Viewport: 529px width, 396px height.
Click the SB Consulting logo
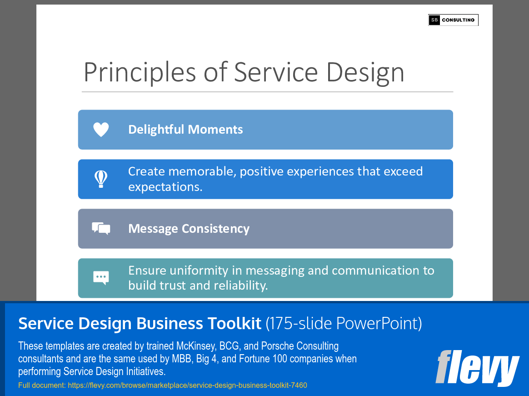coord(453,20)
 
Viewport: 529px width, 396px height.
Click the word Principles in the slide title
coord(140,72)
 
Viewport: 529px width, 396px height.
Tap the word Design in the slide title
coord(364,72)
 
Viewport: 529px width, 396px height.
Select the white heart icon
coord(101,130)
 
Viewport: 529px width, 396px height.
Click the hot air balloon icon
coord(101,179)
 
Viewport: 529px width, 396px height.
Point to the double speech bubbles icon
coord(101,228)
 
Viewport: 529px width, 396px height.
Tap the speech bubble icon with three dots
coord(101,277)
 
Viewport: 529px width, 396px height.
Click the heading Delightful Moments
coord(185,130)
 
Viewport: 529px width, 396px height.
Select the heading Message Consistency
coord(189,228)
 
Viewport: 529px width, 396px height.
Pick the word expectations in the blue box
coord(165,187)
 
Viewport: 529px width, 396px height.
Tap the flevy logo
coord(477,368)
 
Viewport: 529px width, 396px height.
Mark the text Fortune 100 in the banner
coord(246,359)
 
